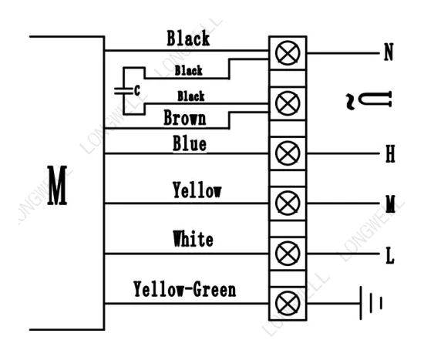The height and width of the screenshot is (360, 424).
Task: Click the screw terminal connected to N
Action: (288, 53)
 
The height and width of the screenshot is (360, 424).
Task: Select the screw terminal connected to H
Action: (288, 153)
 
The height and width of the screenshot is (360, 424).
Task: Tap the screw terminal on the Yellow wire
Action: (288, 203)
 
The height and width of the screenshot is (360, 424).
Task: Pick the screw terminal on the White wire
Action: (288, 254)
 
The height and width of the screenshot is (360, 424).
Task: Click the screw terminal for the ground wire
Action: (288, 304)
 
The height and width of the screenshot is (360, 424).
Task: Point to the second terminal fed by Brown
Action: (288, 103)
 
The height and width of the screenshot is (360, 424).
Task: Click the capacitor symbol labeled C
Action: (123, 91)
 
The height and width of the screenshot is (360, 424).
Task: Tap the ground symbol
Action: (371, 303)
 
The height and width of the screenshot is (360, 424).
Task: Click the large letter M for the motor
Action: (57, 185)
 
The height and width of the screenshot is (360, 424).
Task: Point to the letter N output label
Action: (389, 52)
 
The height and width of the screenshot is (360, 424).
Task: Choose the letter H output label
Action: (390, 153)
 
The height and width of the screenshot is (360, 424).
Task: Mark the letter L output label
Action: (390, 255)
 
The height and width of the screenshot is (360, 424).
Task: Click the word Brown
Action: (185, 118)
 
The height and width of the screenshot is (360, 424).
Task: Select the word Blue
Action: (190, 143)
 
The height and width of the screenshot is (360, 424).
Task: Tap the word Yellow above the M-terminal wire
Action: (197, 190)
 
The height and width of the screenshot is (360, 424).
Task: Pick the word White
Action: (193, 238)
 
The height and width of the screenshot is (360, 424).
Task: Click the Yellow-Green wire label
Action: (185, 289)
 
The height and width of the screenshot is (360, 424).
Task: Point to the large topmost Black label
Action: (188, 38)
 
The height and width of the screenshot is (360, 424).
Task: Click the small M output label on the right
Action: (390, 204)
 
